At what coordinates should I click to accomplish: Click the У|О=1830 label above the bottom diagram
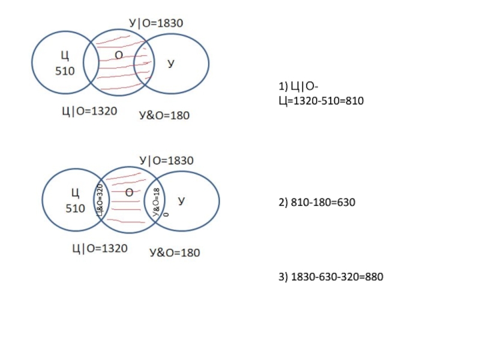(167, 161)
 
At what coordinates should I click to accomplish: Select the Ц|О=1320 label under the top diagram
(89, 111)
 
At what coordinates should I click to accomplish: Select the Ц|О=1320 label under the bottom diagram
(99, 248)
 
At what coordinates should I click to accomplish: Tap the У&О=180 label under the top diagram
(164, 115)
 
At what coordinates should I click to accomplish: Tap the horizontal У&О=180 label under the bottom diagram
(175, 253)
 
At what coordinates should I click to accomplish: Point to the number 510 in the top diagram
(65, 71)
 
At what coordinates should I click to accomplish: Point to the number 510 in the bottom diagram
(76, 208)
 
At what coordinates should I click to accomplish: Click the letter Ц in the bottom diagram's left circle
(75, 193)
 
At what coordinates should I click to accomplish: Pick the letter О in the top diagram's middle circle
(119, 55)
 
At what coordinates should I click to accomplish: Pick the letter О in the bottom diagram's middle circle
(129, 193)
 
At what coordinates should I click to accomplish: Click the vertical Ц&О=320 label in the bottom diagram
(100, 200)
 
